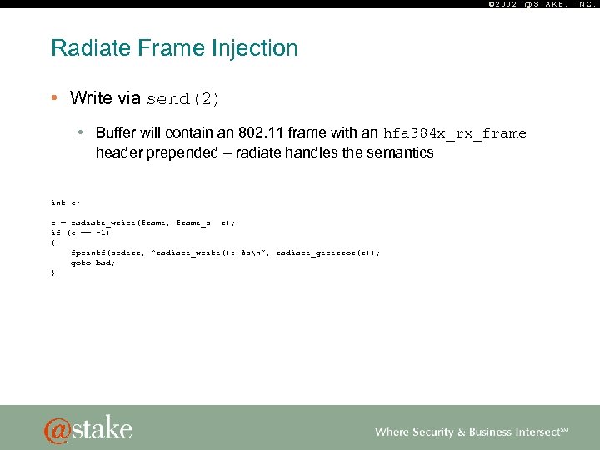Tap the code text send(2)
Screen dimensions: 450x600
(x=183, y=99)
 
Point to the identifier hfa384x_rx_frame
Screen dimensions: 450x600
(x=454, y=133)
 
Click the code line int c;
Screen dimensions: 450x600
(x=65, y=202)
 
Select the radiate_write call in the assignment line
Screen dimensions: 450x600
(x=105, y=222)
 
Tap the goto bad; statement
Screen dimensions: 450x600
(x=92, y=262)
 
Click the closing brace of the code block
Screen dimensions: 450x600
(x=52, y=272)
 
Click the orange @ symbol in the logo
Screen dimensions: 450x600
(x=58, y=429)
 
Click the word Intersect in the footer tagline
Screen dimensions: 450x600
(x=537, y=432)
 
